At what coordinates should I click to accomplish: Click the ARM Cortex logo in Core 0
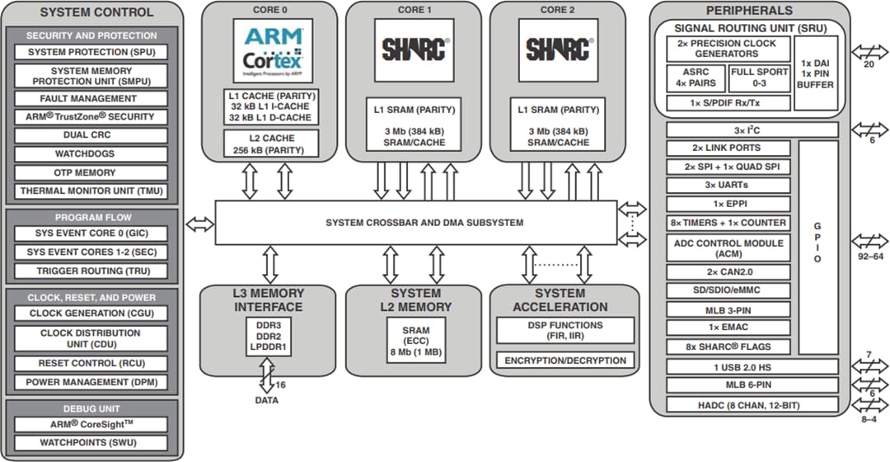coord(274,49)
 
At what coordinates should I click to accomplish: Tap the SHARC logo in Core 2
coord(557,49)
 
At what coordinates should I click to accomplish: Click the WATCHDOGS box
coord(91,153)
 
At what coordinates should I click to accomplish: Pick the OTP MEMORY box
coord(91,172)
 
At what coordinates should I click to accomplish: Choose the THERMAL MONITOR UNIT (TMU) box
coord(91,191)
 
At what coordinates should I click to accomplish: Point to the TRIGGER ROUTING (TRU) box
coord(91,271)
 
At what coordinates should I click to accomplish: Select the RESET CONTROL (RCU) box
coord(91,363)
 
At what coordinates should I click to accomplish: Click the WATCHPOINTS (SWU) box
coord(91,443)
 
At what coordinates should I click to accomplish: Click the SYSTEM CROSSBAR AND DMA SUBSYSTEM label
coord(424,223)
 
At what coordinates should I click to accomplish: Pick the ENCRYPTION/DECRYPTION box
coord(564,361)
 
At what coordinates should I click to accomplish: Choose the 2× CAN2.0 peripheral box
coord(728,272)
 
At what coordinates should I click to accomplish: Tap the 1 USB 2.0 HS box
coord(751,366)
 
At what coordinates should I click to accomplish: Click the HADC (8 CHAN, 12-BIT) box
coord(751,405)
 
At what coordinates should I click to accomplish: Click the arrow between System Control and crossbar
coord(200,223)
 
